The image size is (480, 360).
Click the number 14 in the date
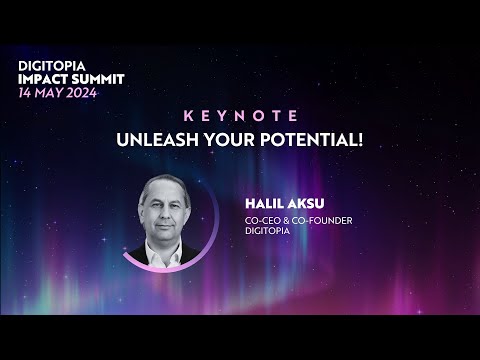coord(26,92)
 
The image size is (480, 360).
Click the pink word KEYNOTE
coord(240,115)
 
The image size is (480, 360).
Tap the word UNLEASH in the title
coord(160,137)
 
